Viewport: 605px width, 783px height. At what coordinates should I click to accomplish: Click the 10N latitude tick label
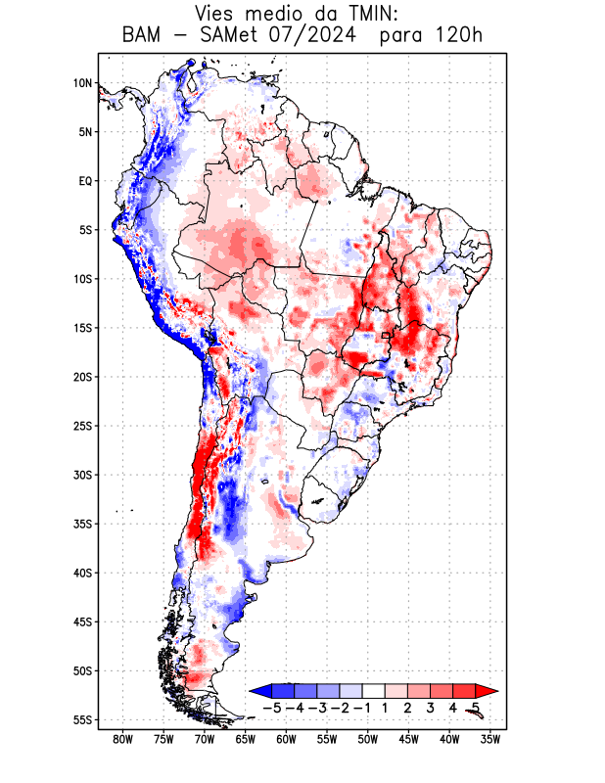pos(82,83)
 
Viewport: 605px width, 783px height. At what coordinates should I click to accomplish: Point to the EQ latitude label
pos(85,181)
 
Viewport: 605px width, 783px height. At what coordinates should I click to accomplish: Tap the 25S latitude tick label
pos(81,426)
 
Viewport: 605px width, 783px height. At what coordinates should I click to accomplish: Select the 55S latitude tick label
pos(81,720)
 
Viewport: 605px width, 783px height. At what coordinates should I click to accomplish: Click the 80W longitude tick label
pos(123,740)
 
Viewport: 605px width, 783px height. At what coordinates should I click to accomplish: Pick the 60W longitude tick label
pos(286,740)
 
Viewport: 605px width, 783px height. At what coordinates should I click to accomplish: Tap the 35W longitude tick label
pos(490,740)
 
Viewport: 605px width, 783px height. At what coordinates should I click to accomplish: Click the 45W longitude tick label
pos(409,740)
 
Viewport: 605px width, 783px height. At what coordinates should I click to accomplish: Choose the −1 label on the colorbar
pos(362,707)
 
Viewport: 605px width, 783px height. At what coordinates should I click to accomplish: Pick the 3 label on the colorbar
pos(430,707)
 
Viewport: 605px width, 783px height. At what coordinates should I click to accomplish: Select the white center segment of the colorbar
pos(374,690)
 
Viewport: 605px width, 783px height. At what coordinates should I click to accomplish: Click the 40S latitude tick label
pos(81,574)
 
